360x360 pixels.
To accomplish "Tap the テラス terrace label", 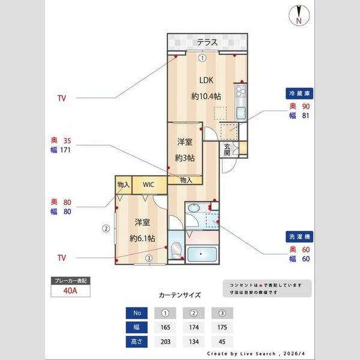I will [x=207, y=42].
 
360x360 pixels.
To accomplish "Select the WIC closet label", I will [x=149, y=184].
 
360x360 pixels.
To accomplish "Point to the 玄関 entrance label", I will [x=228, y=149].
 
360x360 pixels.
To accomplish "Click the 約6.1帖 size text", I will [x=142, y=238].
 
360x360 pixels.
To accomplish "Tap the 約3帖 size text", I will [x=185, y=158].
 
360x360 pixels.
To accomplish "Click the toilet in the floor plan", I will [x=176, y=251].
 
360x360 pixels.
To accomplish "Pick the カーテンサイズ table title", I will [x=180, y=295].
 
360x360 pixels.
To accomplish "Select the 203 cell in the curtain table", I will [x=165, y=342].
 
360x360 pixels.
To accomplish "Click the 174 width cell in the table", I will [x=193, y=328].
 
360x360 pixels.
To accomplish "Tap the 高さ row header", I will [x=137, y=342].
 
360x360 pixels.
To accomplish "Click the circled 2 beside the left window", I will [x=106, y=228].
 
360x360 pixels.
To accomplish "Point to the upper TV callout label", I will [x=62, y=98].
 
